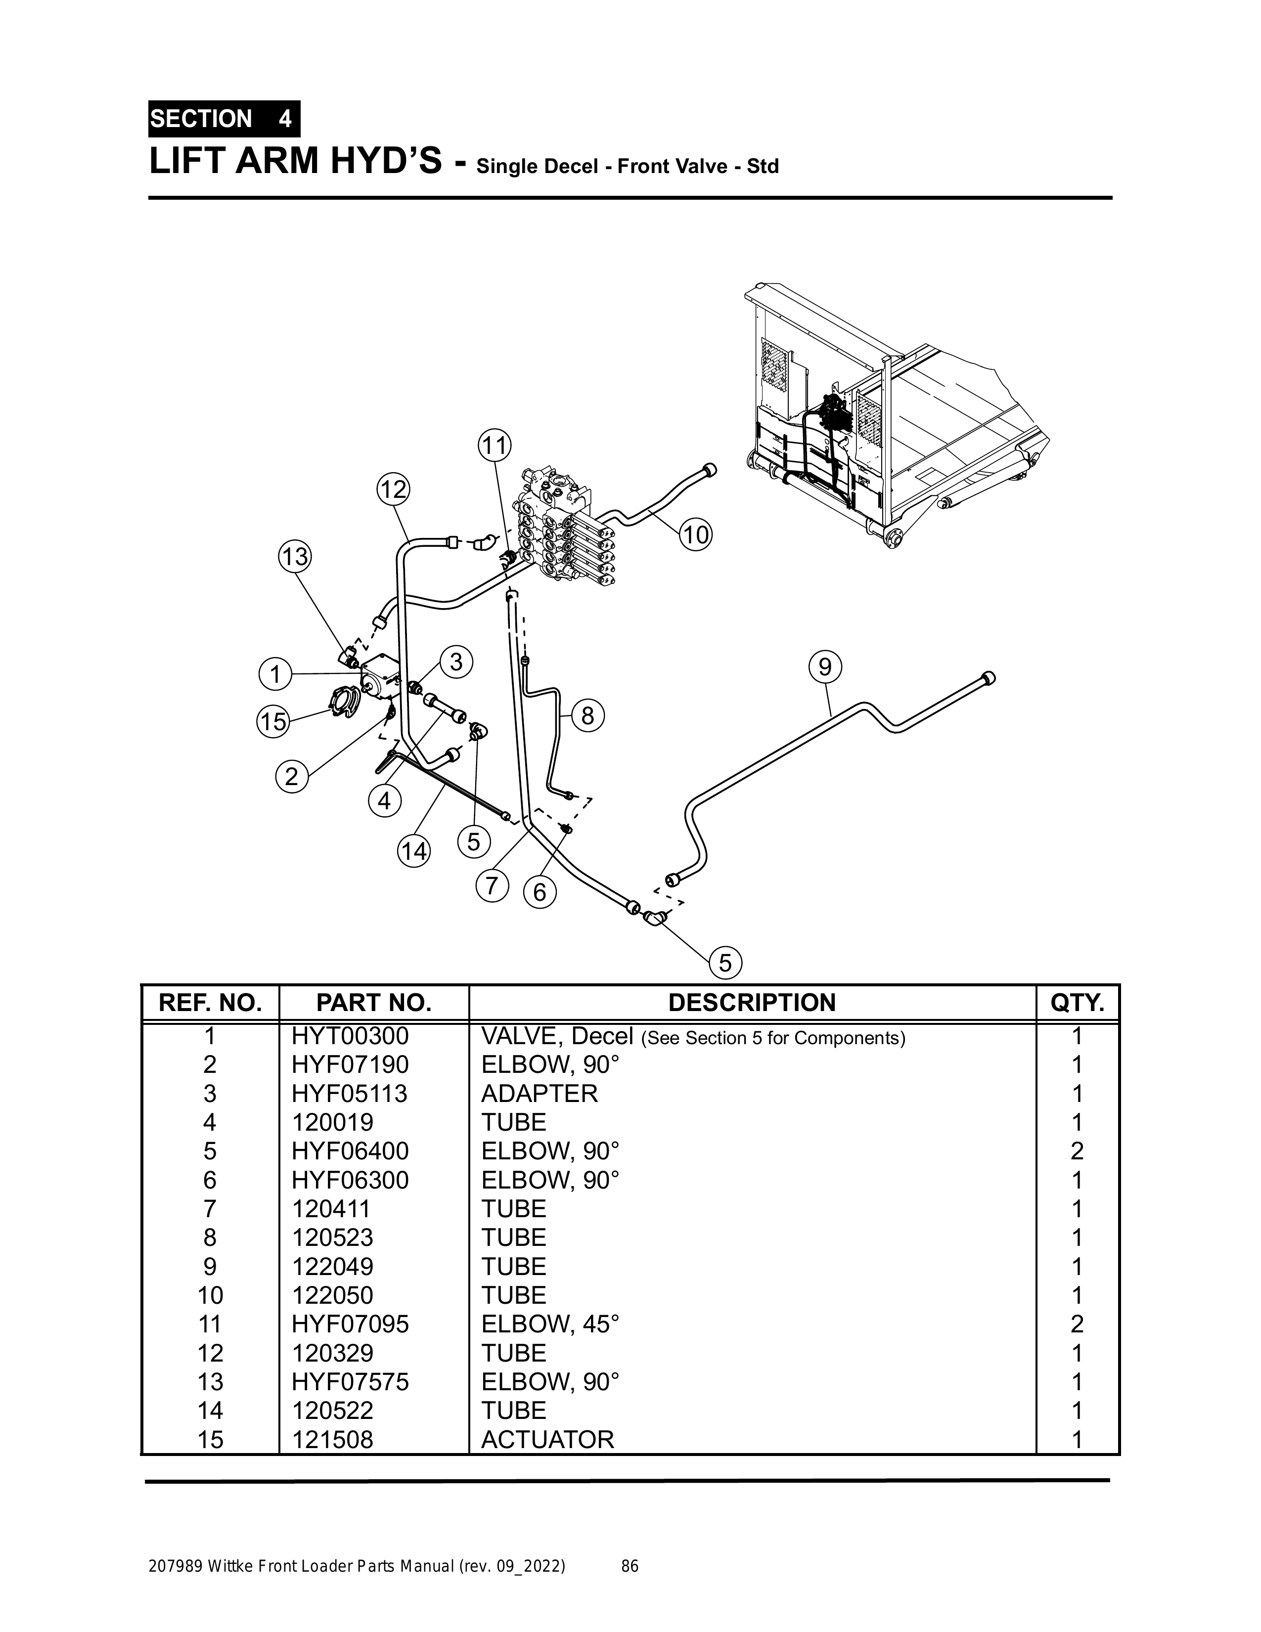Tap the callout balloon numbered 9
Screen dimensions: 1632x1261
click(824, 666)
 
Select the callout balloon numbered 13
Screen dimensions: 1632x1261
click(295, 557)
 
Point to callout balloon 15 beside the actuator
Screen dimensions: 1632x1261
click(273, 721)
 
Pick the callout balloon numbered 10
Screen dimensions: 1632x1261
click(696, 535)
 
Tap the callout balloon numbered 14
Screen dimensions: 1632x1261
click(414, 851)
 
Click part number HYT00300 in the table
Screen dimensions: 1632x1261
click(350, 1036)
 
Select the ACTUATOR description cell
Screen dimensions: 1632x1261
click(547, 1439)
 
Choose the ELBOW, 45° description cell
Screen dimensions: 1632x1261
click(550, 1323)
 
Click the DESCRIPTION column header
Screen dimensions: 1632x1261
click(751, 1002)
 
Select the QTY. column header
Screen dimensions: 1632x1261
click(1077, 1002)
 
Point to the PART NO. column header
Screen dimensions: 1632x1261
click(374, 1002)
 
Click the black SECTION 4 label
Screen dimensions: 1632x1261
click(224, 119)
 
